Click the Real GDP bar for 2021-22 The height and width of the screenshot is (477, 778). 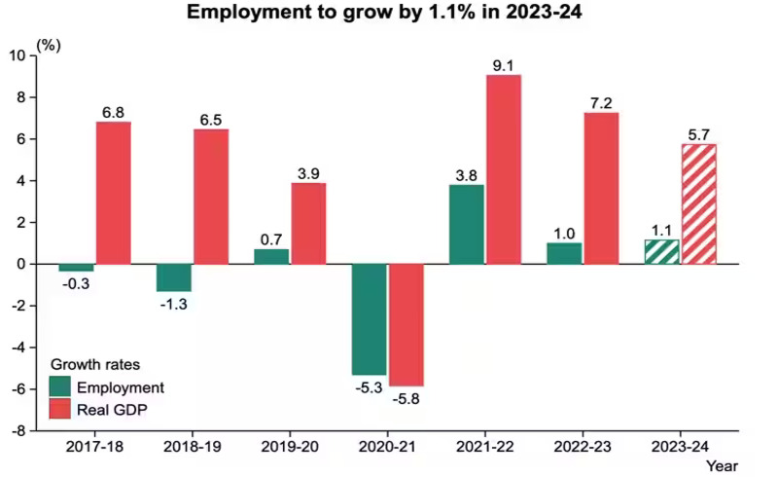click(504, 168)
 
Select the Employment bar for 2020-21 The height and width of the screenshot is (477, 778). click(369, 318)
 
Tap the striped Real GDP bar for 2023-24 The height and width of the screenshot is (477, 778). click(698, 203)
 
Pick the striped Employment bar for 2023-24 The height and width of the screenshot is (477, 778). click(662, 251)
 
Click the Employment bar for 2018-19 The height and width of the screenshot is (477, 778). click(174, 277)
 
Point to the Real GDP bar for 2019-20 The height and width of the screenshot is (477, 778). click(308, 223)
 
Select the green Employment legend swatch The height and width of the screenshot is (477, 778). click(60, 386)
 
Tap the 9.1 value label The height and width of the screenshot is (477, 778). click(504, 65)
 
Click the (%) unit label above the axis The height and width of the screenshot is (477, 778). click(48, 45)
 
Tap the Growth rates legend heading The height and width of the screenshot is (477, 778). click(95, 365)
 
